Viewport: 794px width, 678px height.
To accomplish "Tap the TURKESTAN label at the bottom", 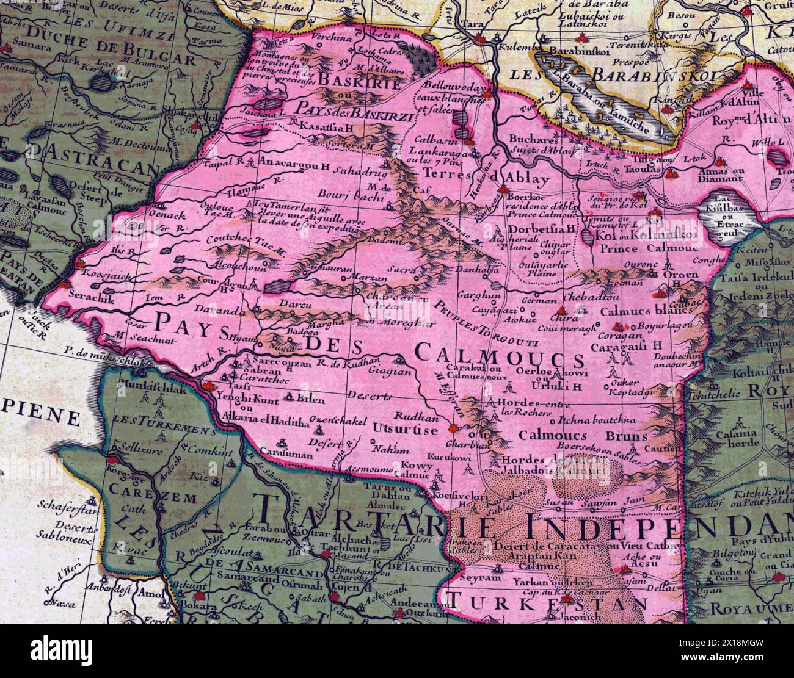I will [547, 604].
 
